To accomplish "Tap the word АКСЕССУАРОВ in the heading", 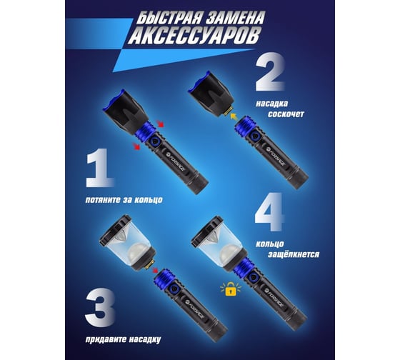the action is click(193, 36).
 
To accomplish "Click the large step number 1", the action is click(99, 168).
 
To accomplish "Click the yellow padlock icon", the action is click(231, 289).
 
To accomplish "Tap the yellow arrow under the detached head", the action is click(233, 117).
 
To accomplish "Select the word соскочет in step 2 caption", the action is click(286, 114).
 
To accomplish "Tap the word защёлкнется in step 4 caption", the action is click(294, 254).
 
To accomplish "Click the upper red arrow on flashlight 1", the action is click(161, 124).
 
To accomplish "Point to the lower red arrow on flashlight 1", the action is click(136, 146).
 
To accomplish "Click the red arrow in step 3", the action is click(154, 270).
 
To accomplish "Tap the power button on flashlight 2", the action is click(254, 136).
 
